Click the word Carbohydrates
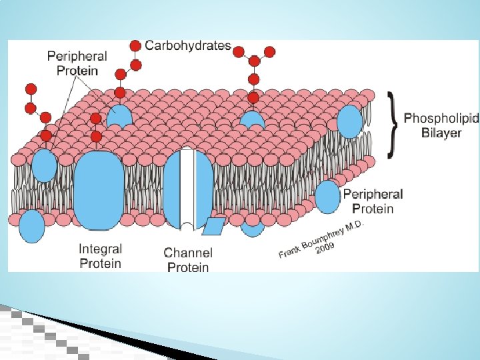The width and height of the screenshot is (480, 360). [x=188, y=46]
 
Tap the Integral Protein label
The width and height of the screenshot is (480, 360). [x=100, y=256]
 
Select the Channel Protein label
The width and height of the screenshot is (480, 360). [x=188, y=260]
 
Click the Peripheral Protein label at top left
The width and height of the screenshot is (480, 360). [x=72, y=63]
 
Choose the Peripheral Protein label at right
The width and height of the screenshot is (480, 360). [x=373, y=201]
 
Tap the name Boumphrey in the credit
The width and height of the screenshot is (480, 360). [x=320, y=239]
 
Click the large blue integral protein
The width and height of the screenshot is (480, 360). [x=99, y=190]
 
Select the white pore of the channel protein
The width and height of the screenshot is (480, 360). [x=188, y=187]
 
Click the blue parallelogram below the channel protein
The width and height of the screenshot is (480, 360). [x=213, y=227]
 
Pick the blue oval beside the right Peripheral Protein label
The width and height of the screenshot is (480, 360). [x=327, y=197]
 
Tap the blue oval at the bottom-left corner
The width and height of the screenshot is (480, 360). [x=31, y=226]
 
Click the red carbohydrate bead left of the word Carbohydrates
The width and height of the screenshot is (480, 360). [x=135, y=46]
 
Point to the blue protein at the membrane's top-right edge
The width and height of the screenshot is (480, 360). [x=350, y=121]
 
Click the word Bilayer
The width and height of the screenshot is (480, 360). [x=441, y=133]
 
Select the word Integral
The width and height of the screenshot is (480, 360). [x=100, y=249]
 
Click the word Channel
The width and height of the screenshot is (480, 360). [x=188, y=253]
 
